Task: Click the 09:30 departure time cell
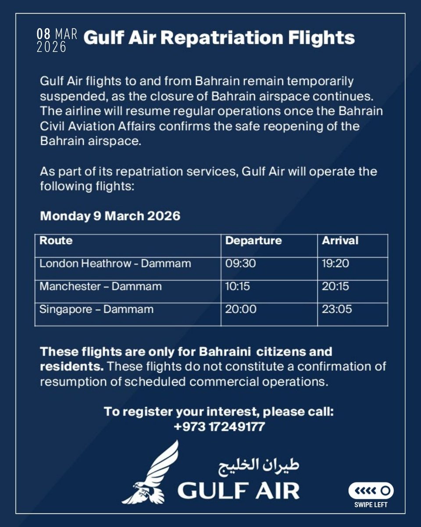(x=240, y=263)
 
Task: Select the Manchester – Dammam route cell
(x=100, y=286)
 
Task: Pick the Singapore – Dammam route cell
(x=96, y=309)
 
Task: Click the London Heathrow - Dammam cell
(x=115, y=263)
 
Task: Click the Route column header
(x=56, y=241)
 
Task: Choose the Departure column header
(x=253, y=241)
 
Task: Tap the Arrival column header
(x=340, y=241)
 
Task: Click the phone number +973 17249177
(x=219, y=426)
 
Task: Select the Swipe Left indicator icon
(x=371, y=490)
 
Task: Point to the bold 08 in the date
(x=44, y=35)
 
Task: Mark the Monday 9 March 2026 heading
(x=110, y=217)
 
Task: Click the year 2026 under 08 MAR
(x=51, y=47)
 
